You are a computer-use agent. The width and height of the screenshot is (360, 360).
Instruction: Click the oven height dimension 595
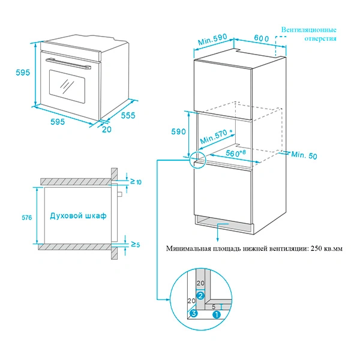(22, 73)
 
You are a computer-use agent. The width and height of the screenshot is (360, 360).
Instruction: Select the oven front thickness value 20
(107, 129)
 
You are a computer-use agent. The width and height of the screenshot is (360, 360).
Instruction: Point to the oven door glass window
(65, 84)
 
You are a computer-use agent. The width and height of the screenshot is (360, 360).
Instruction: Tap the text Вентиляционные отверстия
(309, 34)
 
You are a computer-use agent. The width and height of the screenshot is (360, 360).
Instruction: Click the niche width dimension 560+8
(236, 153)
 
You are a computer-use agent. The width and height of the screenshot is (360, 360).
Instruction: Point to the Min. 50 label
(304, 155)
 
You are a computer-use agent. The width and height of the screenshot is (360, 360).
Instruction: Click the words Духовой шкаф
(78, 215)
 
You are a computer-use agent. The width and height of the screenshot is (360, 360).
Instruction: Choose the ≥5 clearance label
(136, 245)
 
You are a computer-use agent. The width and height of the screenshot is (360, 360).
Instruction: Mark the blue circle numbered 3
(193, 313)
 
